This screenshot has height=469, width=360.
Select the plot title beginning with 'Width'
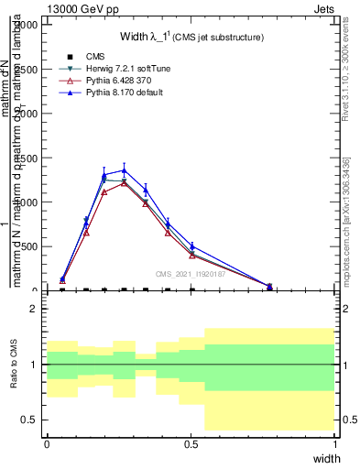tap(192, 38)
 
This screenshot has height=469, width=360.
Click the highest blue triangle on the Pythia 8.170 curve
tap(124, 170)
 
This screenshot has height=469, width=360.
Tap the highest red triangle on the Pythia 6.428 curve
tap(124, 183)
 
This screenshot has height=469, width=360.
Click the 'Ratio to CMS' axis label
tap(14, 365)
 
